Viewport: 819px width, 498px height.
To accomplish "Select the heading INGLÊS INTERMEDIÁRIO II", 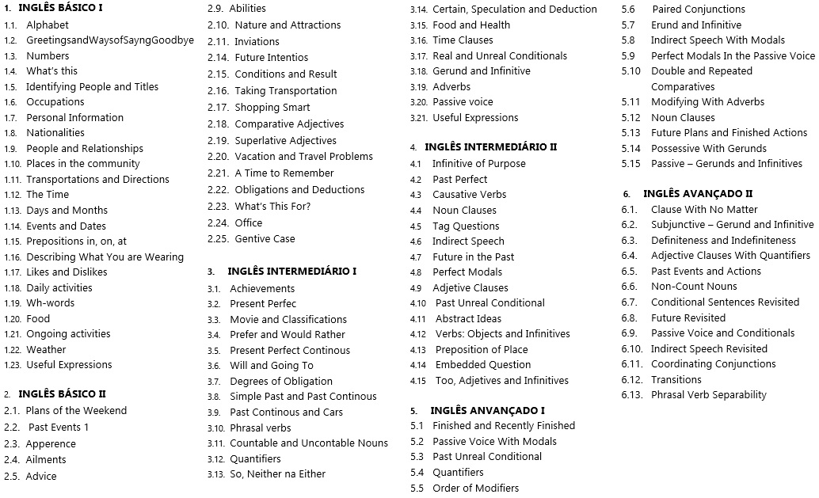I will pos(490,147).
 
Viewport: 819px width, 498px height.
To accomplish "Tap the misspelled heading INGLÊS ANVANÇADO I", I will pos(487,410).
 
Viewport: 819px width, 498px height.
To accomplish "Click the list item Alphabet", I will pos(48,25).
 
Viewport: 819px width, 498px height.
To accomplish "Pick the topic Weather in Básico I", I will pos(46,349).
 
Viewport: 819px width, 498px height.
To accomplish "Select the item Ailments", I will pos(46,459).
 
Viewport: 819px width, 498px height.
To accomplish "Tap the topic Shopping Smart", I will pos(272,107).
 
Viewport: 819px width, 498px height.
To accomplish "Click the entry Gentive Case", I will pos(265,238).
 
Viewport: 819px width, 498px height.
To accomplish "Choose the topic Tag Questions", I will pos(466,226).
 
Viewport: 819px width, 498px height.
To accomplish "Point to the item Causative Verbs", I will pos(469,194).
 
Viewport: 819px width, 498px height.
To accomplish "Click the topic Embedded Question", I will pos(483,364).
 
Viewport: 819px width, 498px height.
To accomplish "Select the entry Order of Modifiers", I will pos(475,488).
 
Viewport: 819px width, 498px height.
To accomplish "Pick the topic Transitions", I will pos(676,379).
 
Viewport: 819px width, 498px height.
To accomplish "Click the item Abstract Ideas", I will pos(468,318).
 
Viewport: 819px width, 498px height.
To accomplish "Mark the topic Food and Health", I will pos(471,25).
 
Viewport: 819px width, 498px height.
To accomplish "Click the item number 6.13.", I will pos(632,394).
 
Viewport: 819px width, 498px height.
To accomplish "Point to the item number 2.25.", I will pos(218,238).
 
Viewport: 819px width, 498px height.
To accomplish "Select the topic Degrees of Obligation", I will pos(281,381).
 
